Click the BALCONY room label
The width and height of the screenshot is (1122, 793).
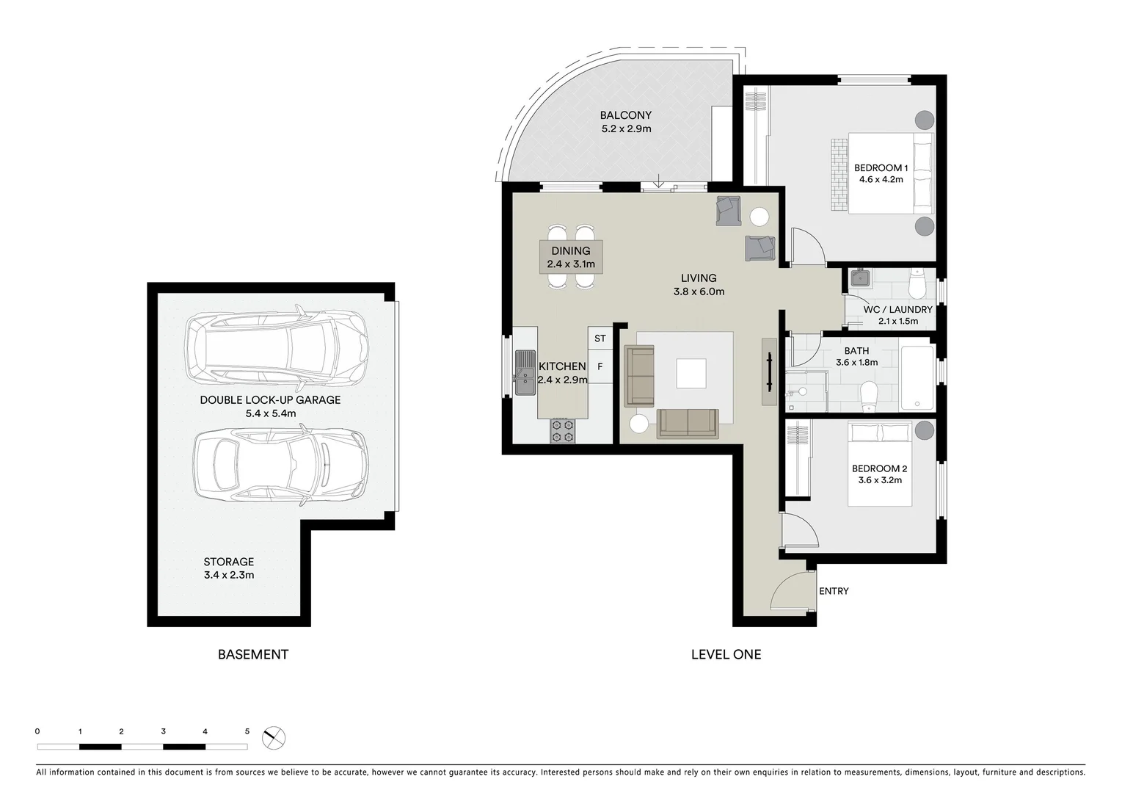[625, 115]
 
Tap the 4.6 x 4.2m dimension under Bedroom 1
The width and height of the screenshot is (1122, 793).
[879, 180]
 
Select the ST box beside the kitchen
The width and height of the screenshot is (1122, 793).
[600, 338]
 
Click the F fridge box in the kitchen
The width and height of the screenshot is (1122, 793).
[600, 366]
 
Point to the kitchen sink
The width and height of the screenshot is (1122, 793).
[525, 372]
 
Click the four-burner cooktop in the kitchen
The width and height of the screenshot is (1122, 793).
[562, 430]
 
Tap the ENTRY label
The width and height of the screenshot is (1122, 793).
[834, 591]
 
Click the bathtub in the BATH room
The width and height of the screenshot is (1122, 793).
[917, 379]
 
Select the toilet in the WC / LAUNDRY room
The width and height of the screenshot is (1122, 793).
[917, 282]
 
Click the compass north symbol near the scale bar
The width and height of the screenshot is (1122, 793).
[274, 737]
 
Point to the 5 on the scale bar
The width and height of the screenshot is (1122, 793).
[247, 731]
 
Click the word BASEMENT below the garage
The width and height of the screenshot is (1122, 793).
[253, 654]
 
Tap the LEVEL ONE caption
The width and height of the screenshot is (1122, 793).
[726, 654]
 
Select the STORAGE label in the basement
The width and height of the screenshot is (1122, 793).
[229, 562]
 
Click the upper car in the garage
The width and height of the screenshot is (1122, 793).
[276, 347]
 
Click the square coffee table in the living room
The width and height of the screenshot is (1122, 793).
[691, 373]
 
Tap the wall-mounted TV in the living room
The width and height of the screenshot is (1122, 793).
[769, 372]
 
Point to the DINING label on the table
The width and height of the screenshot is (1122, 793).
[571, 251]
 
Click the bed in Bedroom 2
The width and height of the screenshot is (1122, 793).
[880, 464]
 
